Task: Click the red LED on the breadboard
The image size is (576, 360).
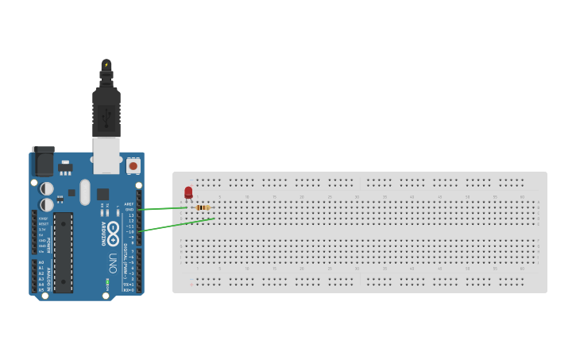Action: tap(188, 192)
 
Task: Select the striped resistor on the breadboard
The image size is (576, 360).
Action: tap(202, 207)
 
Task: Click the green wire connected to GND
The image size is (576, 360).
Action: tap(163, 209)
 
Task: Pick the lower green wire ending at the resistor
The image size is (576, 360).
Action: tap(176, 226)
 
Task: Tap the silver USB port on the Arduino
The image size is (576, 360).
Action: tap(106, 155)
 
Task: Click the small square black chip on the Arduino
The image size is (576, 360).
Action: tap(103, 194)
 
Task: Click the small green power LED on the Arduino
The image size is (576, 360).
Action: tap(106, 281)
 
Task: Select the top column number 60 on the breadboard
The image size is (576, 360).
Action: tap(522, 196)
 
